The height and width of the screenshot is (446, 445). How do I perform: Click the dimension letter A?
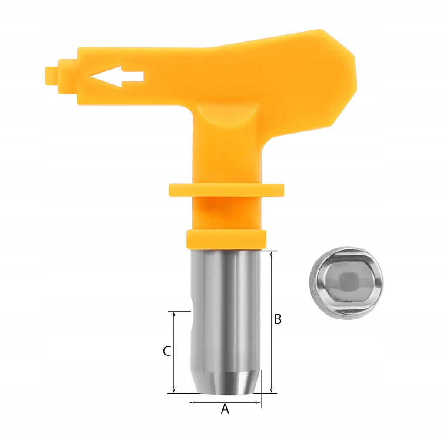(x=225, y=409)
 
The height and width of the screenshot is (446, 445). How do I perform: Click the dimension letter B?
(x=278, y=319)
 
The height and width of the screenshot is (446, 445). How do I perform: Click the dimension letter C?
(x=167, y=351)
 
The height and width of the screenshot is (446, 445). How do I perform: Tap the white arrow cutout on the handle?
(x=117, y=77)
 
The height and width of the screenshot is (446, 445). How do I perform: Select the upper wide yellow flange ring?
(x=226, y=190)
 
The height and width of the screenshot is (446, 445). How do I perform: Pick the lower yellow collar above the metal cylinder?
(x=226, y=239)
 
